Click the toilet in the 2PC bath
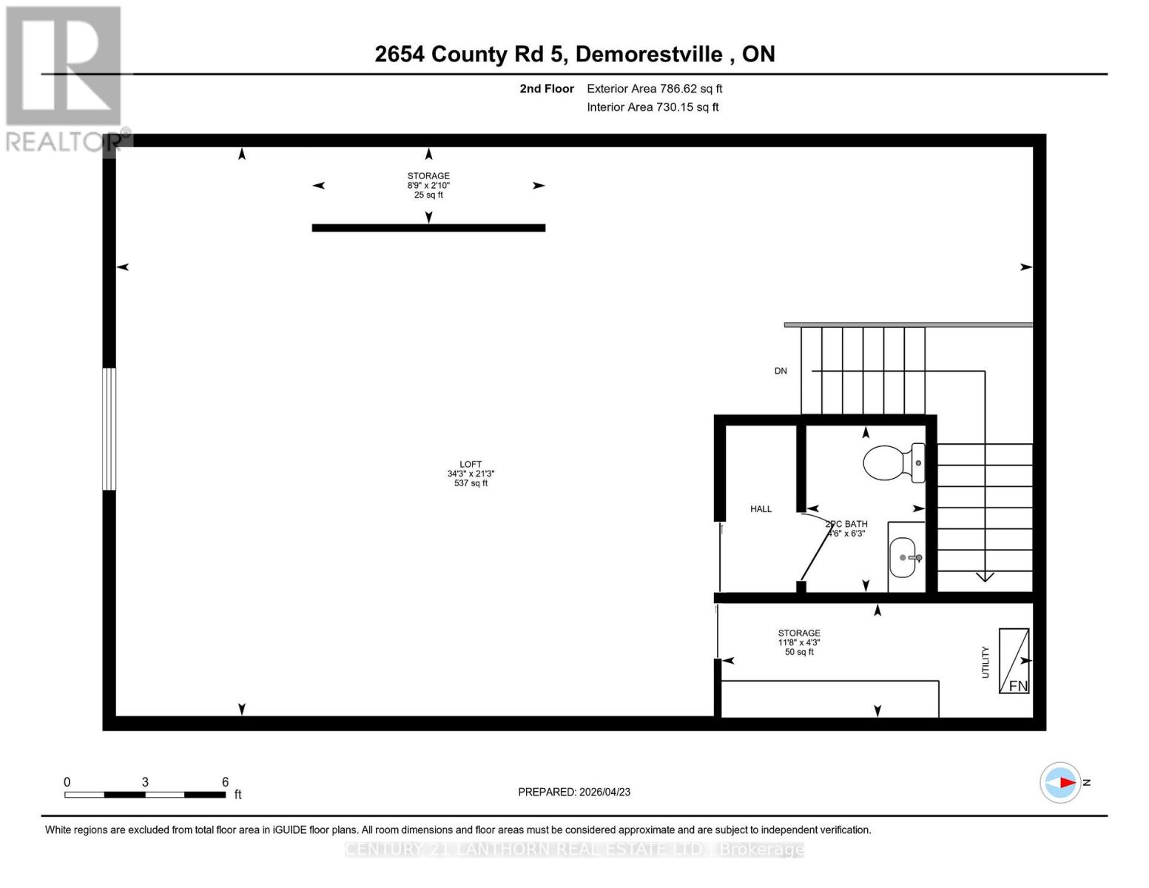(892, 462)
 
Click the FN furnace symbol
(1014, 660)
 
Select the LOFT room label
(471, 465)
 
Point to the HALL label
(761, 509)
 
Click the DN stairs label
(781, 371)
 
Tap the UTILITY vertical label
(985, 662)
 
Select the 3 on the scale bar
(145, 782)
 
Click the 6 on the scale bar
(225, 782)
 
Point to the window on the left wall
(109, 428)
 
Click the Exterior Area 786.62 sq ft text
(654, 89)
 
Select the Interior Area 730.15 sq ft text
(653, 107)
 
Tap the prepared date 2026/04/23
(574, 792)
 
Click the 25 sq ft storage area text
(428, 195)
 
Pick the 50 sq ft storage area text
(799, 652)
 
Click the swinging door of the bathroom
(815, 548)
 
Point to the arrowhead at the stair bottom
(985, 576)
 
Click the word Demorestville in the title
(648, 54)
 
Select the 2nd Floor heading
(547, 89)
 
